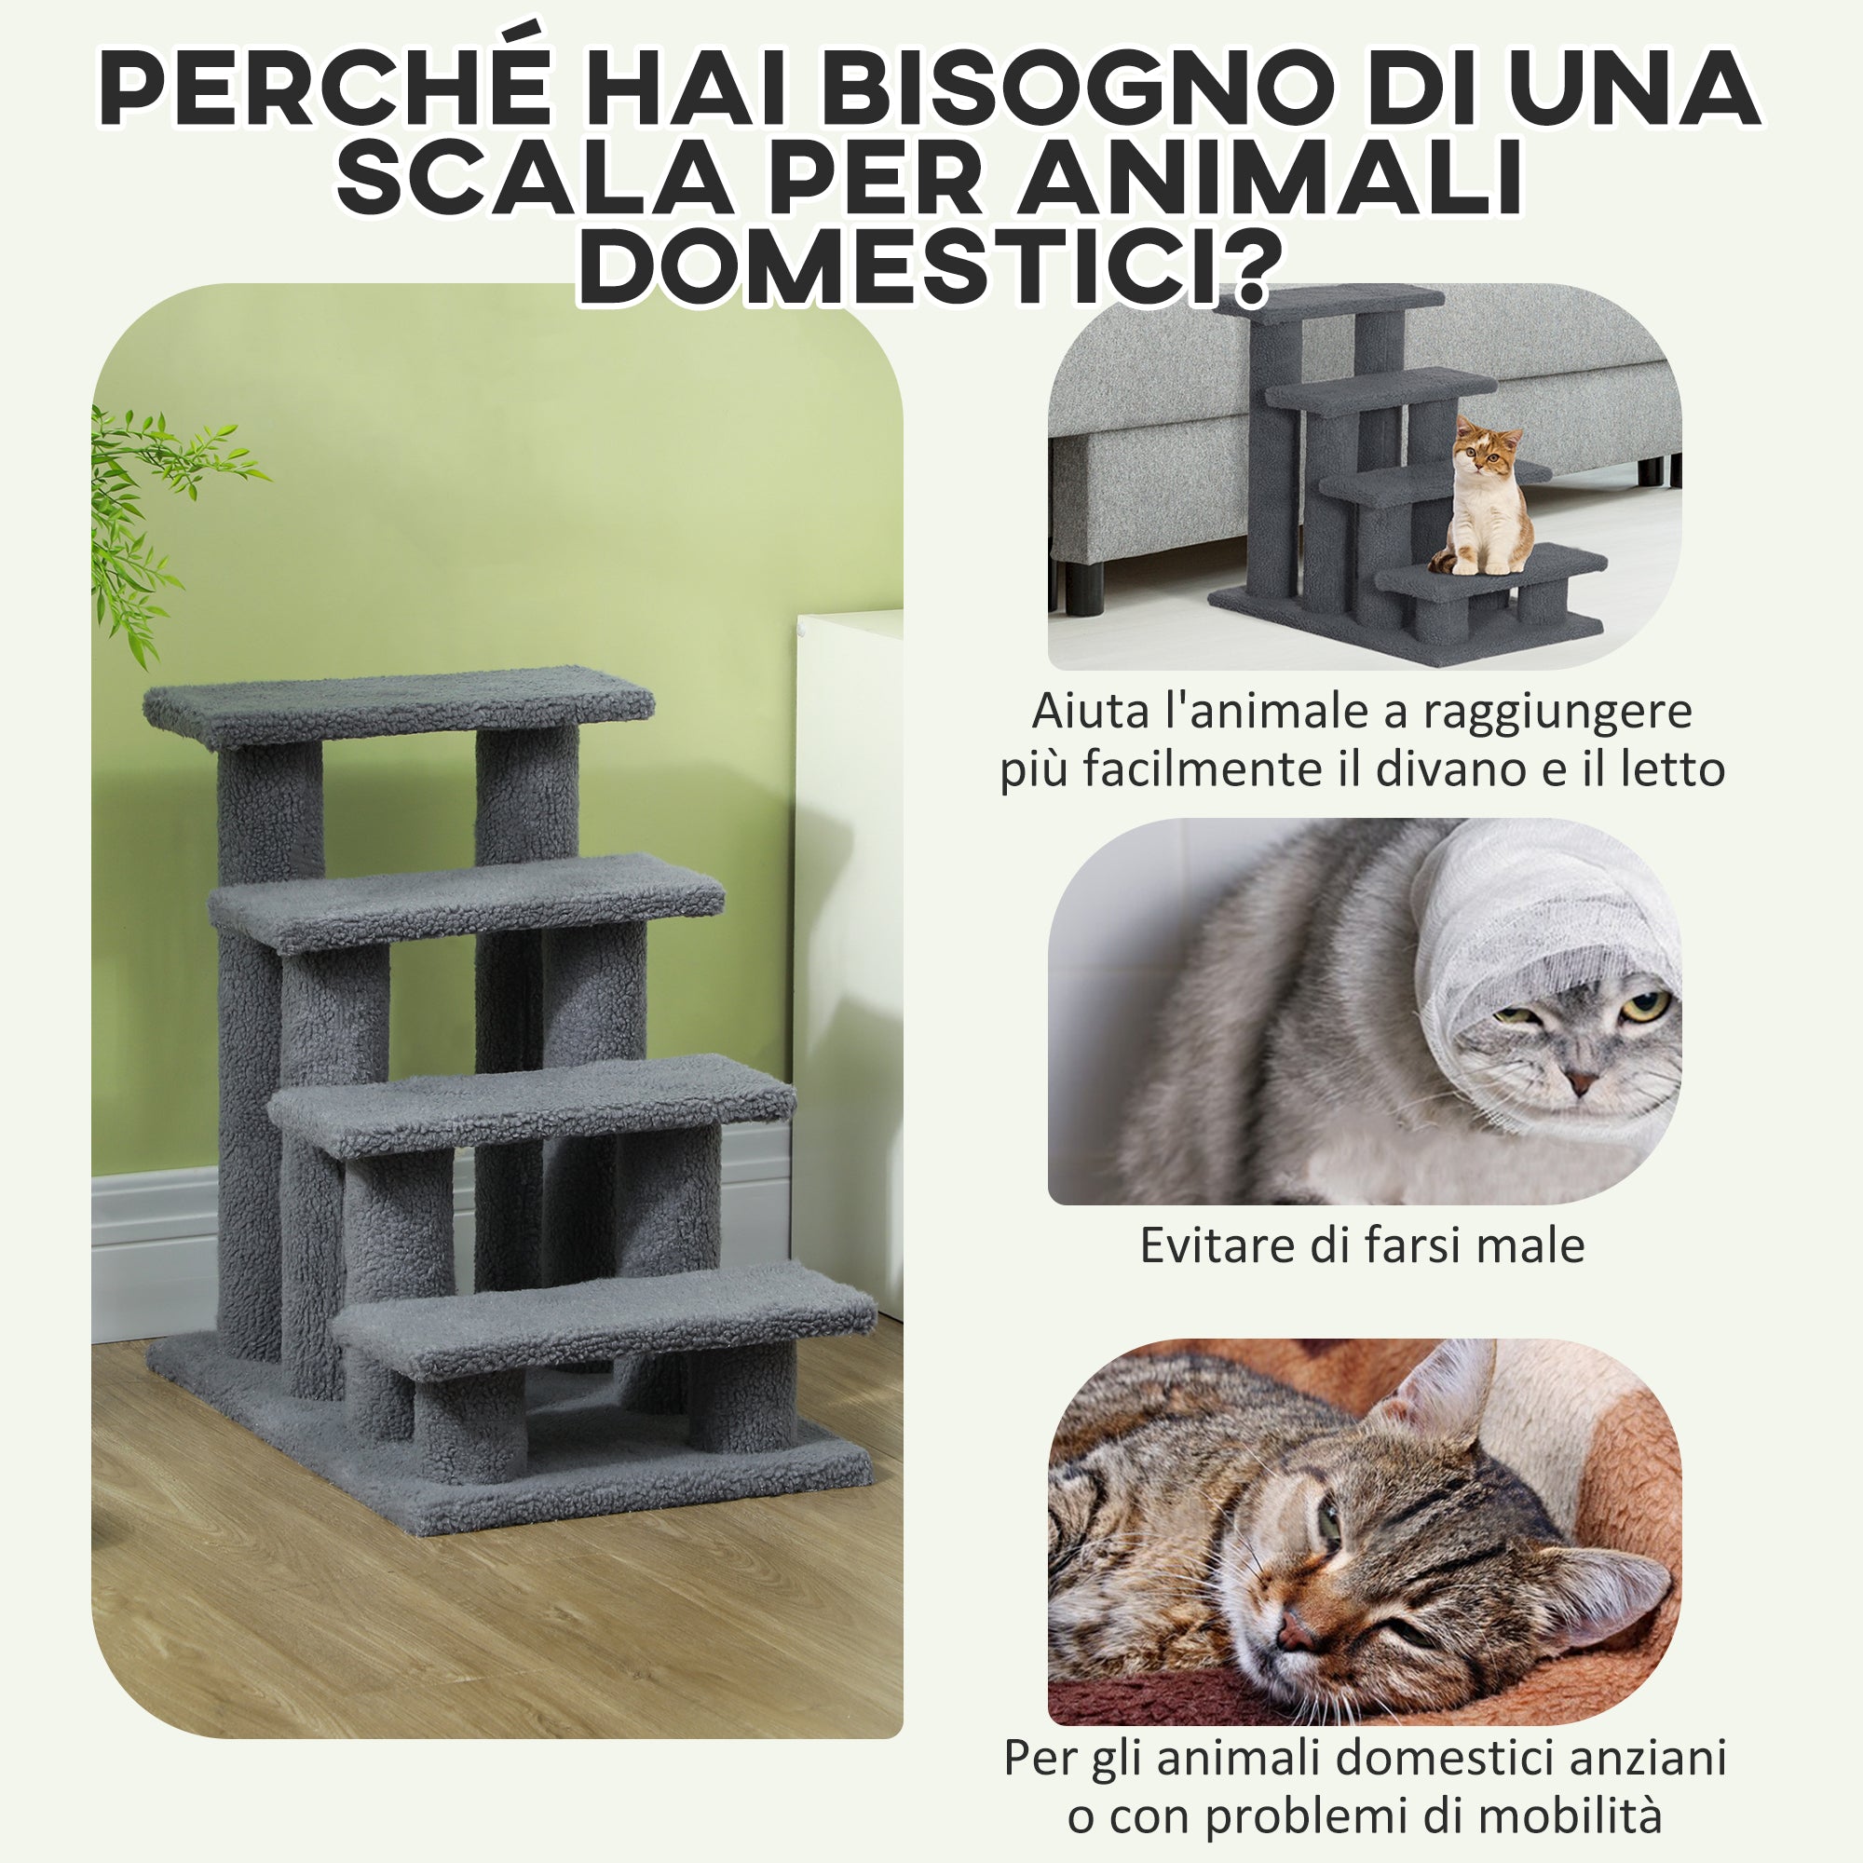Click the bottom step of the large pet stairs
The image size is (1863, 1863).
pos(603,1317)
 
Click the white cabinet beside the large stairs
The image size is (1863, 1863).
pos(849,868)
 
